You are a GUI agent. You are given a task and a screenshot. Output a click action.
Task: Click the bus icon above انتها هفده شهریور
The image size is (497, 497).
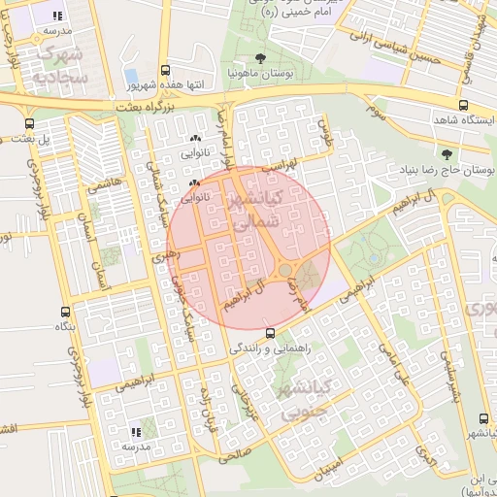click(166, 70)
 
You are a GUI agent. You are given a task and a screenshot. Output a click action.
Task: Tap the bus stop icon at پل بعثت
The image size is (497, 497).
click(30, 123)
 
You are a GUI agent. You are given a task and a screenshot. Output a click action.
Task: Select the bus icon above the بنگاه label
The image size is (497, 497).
click(65, 313)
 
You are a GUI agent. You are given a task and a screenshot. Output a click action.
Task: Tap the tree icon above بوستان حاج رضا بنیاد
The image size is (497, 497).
click(447, 153)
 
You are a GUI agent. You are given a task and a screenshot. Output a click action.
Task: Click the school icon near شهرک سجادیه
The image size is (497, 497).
click(57, 16)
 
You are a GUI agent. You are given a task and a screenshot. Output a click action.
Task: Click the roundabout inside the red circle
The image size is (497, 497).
click(286, 270)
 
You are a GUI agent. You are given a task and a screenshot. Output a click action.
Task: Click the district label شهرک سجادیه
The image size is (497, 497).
click(53, 63)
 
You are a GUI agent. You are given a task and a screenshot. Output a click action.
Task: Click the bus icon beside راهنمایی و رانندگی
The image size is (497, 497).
click(255, 333)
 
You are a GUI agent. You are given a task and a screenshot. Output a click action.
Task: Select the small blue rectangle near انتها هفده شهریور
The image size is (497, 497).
click(130, 76)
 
